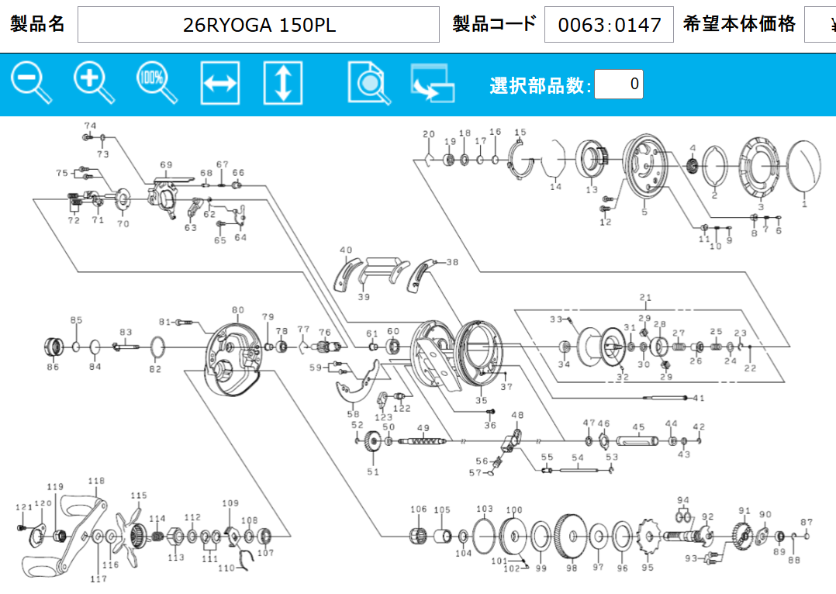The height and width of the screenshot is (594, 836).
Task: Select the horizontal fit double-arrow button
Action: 220,83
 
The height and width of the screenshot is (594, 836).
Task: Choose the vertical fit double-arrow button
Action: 283,83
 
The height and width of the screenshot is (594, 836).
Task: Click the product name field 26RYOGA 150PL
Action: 258,25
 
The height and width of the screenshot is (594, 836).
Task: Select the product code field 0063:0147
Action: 609,25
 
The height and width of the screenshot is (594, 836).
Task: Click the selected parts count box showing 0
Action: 619,85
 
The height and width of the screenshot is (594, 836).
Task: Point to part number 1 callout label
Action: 804,203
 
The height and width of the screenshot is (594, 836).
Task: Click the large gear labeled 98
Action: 571,536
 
